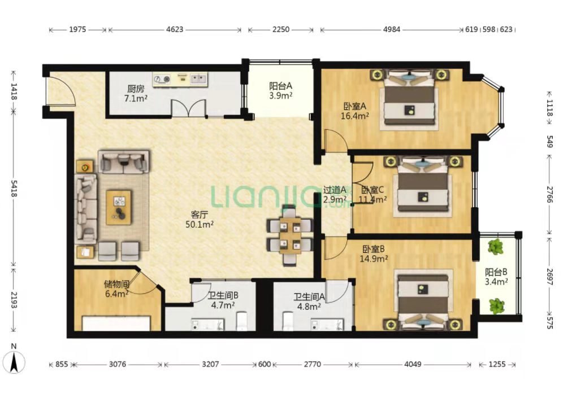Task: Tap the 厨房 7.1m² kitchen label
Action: click(x=135, y=93)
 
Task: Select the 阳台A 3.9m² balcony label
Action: click(x=280, y=91)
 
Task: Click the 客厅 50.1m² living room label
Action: click(x=200, y=220)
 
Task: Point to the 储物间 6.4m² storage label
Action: click(x=116, y=289)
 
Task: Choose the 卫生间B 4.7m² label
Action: click(x=223, y=300)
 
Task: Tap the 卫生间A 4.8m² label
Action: click(x=309, y=301)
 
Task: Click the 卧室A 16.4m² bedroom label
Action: click(x=355, y=111)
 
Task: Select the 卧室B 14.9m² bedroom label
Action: click(x=374, y=254)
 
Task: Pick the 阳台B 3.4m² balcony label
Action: click(x=496, y=277)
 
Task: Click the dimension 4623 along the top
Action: click(x=175, y=29)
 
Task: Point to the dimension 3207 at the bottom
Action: click(x=210, y=364)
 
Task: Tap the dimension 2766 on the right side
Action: click(x=549, y=194)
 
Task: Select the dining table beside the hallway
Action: click(x=290, y=235)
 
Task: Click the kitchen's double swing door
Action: click(x=188, y=108)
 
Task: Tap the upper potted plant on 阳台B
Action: click(x=496, y=247)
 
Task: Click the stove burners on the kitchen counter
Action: click(x=162, y=78)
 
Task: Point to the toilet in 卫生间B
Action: click(x=241, y=321)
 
